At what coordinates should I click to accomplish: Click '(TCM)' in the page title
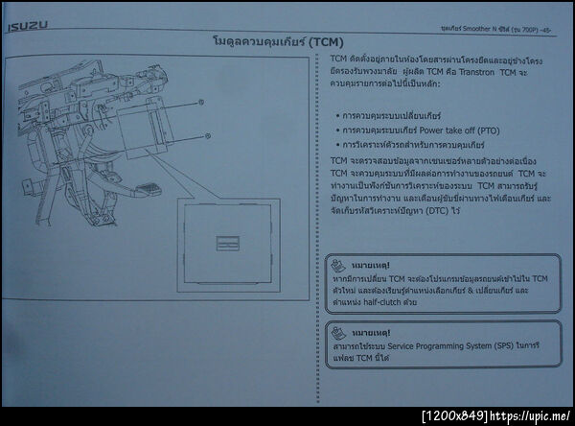pyautogui.click(x=321, y=43)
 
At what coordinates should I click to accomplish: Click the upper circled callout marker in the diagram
pyautogui.click(x=200, y=102)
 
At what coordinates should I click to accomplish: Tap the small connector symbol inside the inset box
pyautogui.click(x=228, y=241)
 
